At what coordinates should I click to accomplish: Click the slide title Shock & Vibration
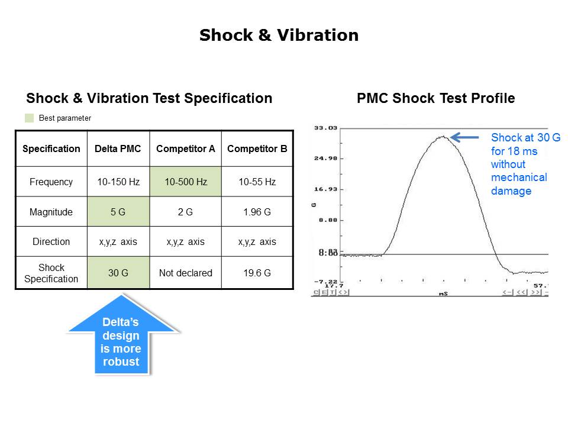[x=279, y=35]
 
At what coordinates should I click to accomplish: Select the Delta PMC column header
[x=118, y=149]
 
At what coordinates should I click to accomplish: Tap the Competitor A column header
[x=185, y=149]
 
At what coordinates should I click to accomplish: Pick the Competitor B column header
[x=257, y=149]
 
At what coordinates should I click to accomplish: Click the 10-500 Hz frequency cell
[x=185, y=182]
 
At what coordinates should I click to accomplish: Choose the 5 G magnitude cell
[x=118, y=212]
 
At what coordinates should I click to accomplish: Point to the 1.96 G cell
[x=257, y=212]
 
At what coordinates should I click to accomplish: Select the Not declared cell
[x=185, y=273]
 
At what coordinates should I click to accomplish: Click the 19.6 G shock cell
[x=257, y=273]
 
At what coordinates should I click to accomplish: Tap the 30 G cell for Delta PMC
[x=118, y=273]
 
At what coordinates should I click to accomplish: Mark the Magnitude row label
[x=51, y=212]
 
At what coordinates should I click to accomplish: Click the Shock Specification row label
[x=51, y=273]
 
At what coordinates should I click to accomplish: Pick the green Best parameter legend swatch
[x=30, y=118]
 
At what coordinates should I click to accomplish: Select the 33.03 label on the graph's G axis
[x=325, y=128]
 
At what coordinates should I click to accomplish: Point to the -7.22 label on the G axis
[x=325, y=282]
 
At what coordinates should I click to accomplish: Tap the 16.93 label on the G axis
[x=325, y=189]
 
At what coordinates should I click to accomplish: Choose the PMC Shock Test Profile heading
[x=435, y=98]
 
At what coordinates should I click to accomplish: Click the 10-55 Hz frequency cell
[x=257, y=182]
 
